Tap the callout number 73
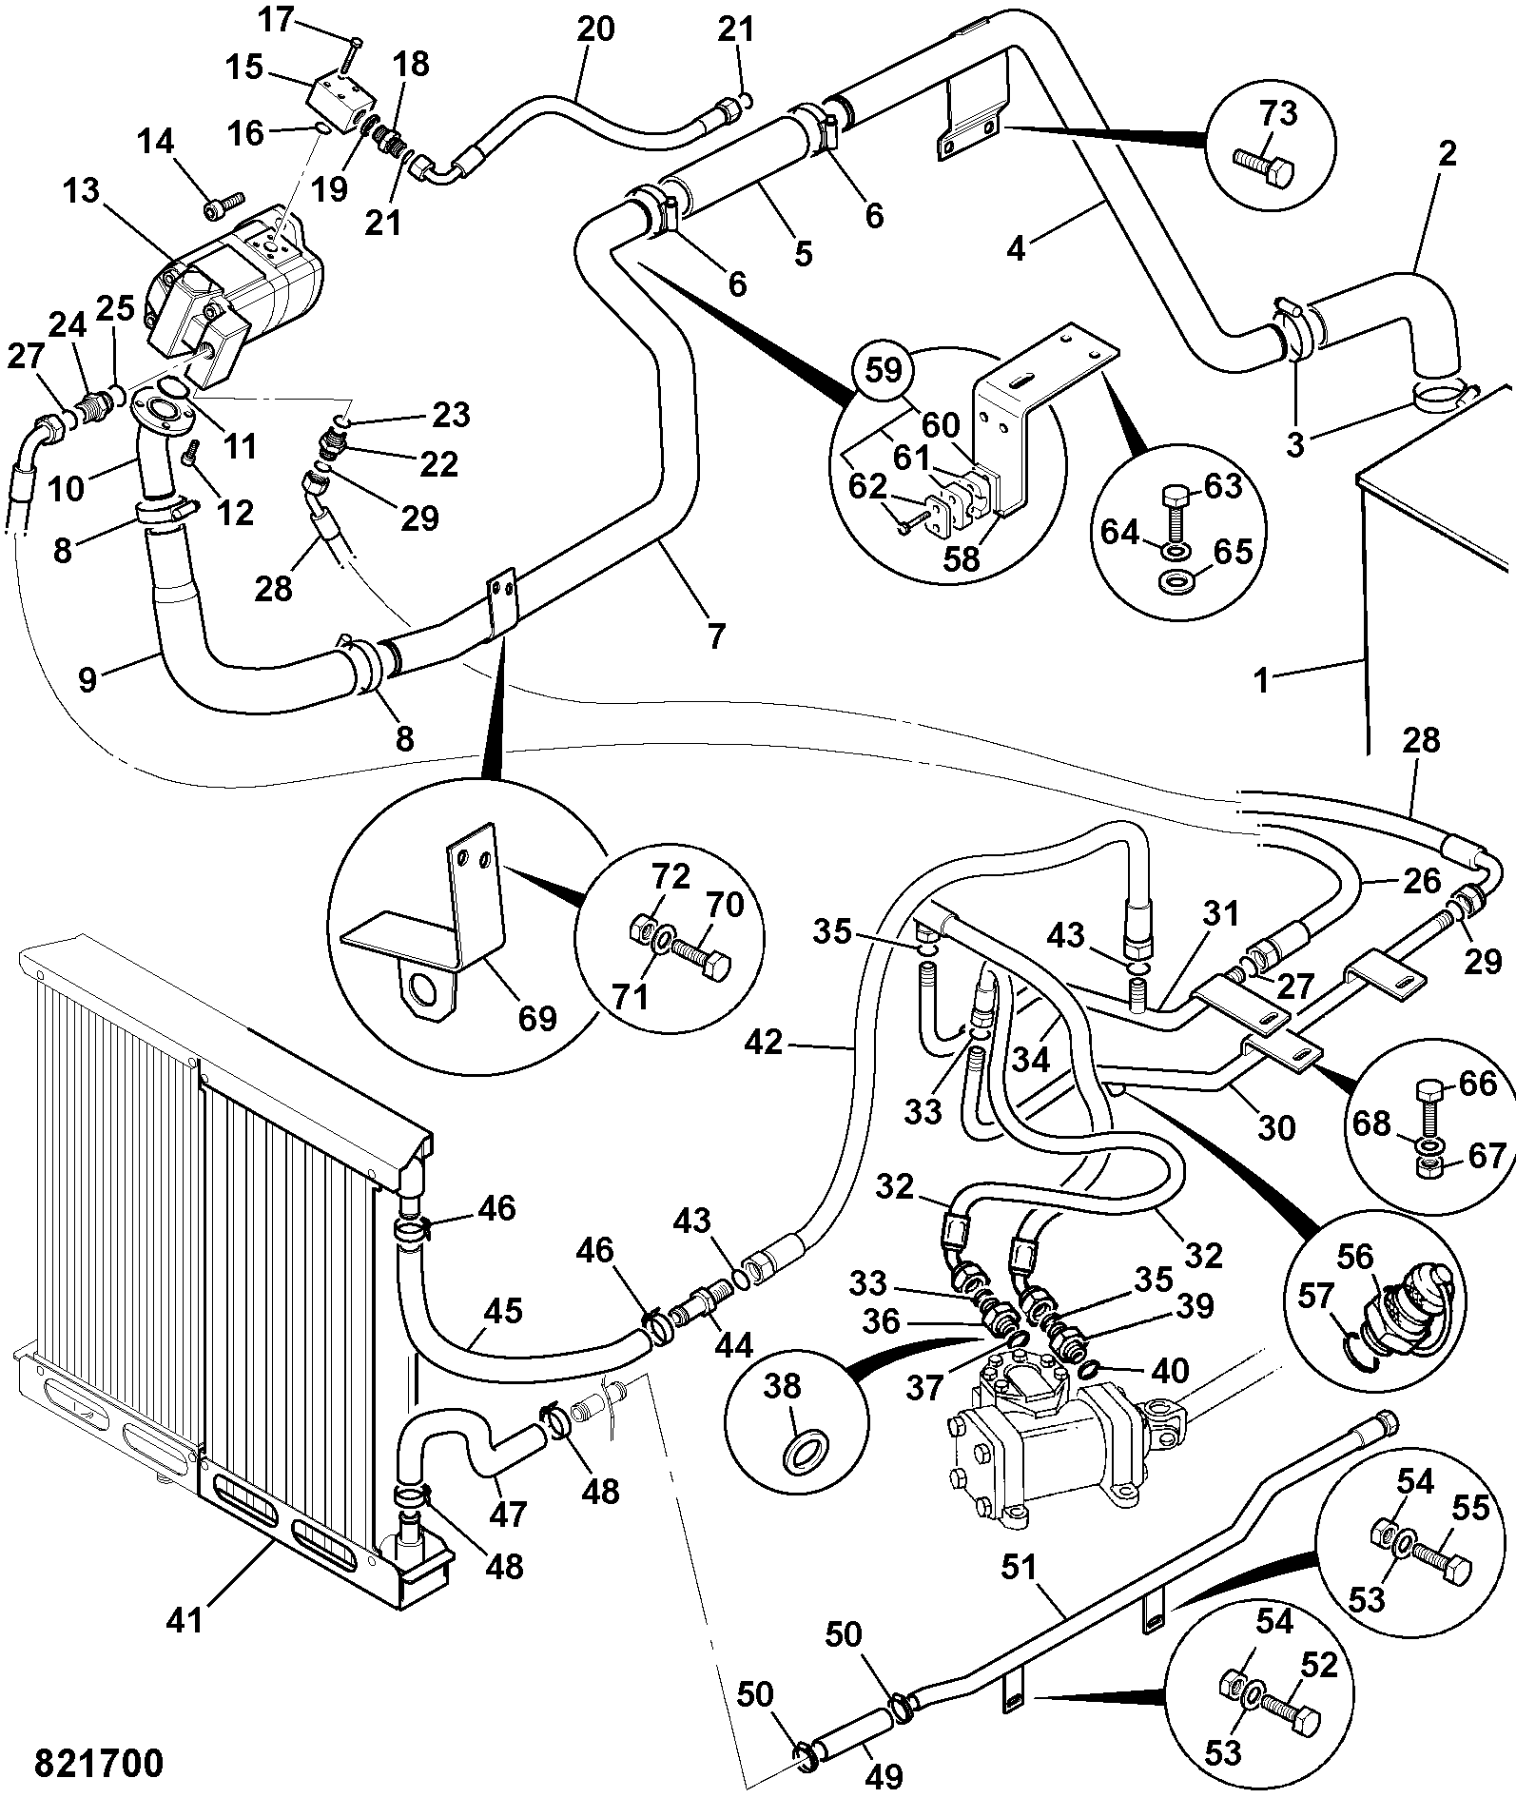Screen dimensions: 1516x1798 click(x=1278, y=114)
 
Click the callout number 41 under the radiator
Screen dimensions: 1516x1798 click(x=185, y=1620)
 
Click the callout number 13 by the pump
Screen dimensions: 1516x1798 click(x=82, y=191)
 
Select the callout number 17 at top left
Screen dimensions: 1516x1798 click(x=278, y=20)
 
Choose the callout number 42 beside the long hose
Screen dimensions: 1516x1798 click(x=764, y=1044)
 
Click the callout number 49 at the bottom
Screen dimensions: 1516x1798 click(x=884, y=1775)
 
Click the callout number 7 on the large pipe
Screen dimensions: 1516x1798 click(x=715, y=635)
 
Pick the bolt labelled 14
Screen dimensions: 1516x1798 click(x=217, y=203)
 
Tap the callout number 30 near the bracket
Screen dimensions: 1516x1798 click(x=1276, y=1128)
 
